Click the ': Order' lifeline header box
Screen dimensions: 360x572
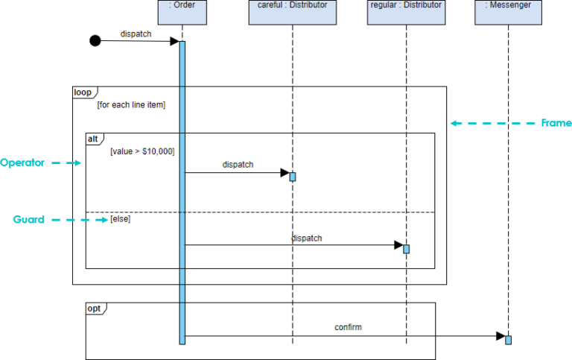pos(182,12)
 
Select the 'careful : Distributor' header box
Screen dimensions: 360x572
pos(292,12)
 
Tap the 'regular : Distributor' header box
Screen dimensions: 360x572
pos(406,12)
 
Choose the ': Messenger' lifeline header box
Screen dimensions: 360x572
pos(509,12)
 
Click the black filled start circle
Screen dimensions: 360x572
pos(95,40)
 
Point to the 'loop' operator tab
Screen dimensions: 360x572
pos(83,92)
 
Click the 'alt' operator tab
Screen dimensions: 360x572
pos(94,139)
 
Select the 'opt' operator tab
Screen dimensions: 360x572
pos(95,308)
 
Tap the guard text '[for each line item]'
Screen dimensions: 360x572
pos(131,105)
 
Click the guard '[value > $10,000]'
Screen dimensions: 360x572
pos(142,151)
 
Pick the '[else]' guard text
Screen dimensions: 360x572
pos(120,219)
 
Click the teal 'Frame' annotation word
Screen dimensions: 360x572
pos(556,123)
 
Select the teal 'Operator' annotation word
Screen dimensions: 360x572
pos(22,162)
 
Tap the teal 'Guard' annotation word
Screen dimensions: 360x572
pos(28,220)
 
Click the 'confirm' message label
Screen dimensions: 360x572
pos(348,326)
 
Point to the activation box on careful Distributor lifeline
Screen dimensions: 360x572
pos(293,177)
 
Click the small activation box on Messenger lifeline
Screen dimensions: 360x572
pos(509,340)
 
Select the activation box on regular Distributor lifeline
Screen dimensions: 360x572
pos(407,249)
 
